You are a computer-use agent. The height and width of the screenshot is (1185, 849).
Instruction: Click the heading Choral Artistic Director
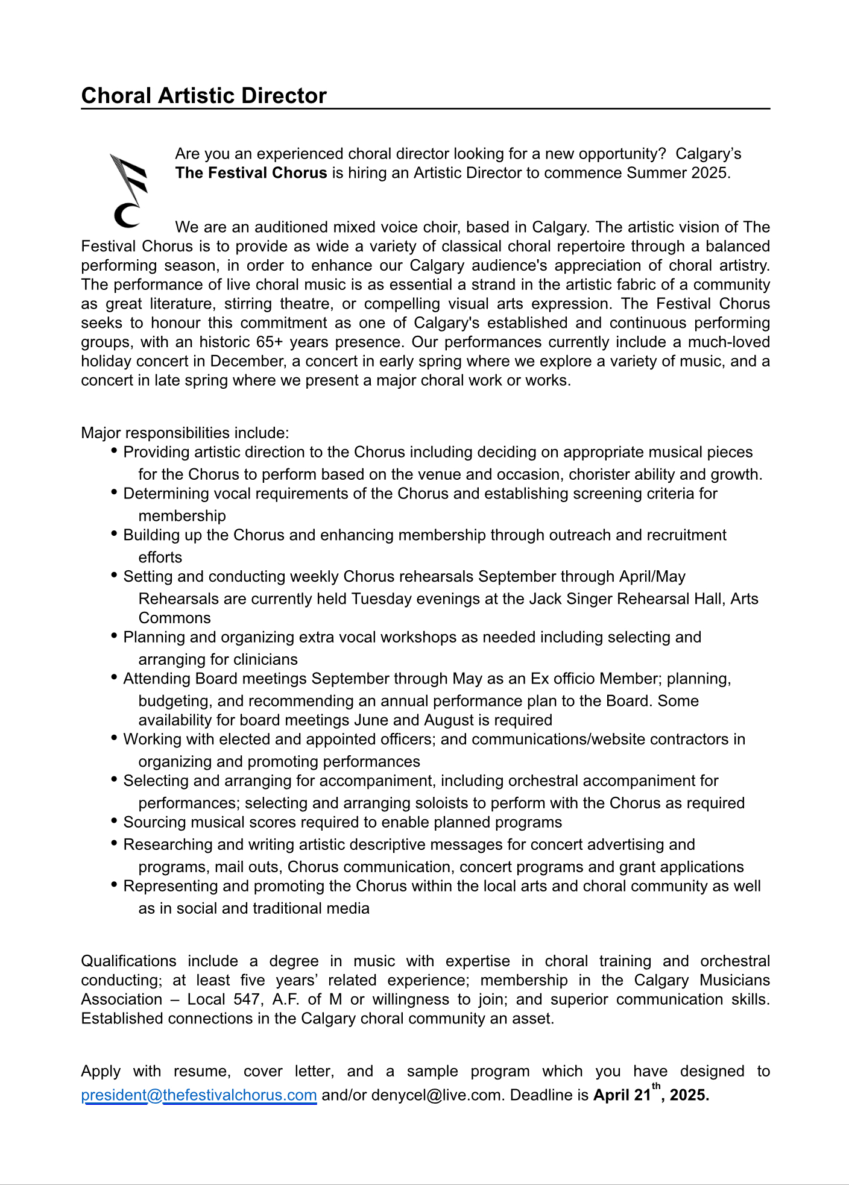[x=204, y=96]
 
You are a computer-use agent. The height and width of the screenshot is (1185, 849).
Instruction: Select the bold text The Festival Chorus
[x=251, y=173]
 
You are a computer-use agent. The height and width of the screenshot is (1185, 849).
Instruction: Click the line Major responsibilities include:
[x=185, y=433]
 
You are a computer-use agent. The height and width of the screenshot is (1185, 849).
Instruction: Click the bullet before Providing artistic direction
[x=115, y=451]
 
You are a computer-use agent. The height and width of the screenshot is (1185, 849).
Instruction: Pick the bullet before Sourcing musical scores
[x=115, y=821]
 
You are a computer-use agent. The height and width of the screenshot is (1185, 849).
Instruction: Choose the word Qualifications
[x=128, y=961]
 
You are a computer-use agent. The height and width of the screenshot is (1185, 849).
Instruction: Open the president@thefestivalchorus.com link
[x=199, y=1095]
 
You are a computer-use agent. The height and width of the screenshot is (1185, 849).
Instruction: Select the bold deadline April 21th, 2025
[x=651, y=1095]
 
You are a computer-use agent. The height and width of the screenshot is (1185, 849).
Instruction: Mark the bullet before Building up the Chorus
[x=115, y=534]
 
